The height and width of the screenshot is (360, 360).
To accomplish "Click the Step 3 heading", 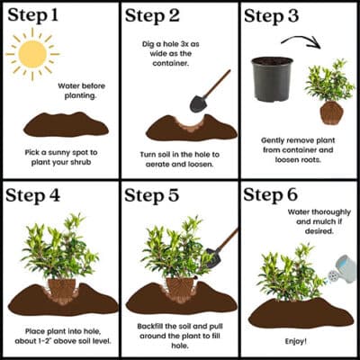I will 278,15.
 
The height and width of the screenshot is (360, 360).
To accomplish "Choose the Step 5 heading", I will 157,195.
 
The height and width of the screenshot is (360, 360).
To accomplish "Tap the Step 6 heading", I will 278,195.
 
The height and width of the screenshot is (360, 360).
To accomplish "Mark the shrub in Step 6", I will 288,270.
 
